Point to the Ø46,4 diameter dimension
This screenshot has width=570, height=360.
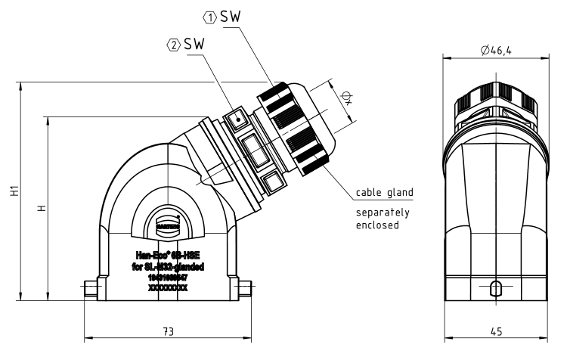coord(495,51)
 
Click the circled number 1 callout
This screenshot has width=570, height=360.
coord(211,16)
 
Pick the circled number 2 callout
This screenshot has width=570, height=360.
coord(174,45)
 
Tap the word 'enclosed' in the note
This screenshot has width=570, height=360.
coord(378,225)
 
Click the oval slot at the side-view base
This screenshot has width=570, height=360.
coord(495,288)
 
